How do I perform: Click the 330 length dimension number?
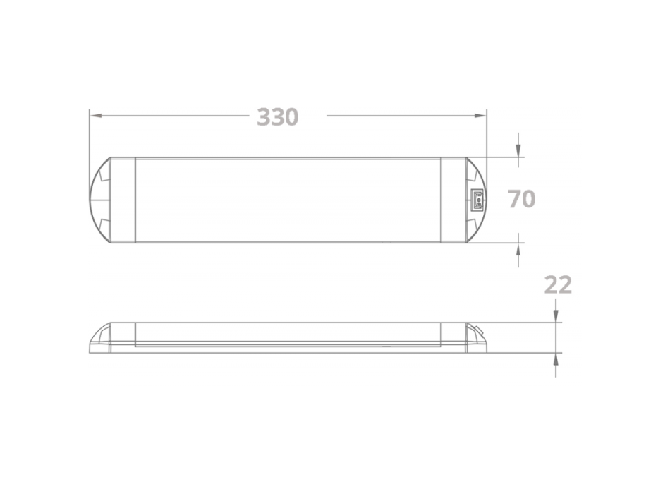click(x=277, y=116)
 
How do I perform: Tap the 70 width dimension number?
click(x=521, y=199)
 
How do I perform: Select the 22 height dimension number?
click(x=557, y=285)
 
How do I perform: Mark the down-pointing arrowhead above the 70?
click(x=518, y=150)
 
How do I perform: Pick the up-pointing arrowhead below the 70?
click(x=518, y=248)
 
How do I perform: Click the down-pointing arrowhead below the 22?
click(x=556, y=315)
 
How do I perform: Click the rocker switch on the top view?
click(x=477, y=199)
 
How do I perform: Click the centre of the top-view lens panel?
click(x=288, y=199)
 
